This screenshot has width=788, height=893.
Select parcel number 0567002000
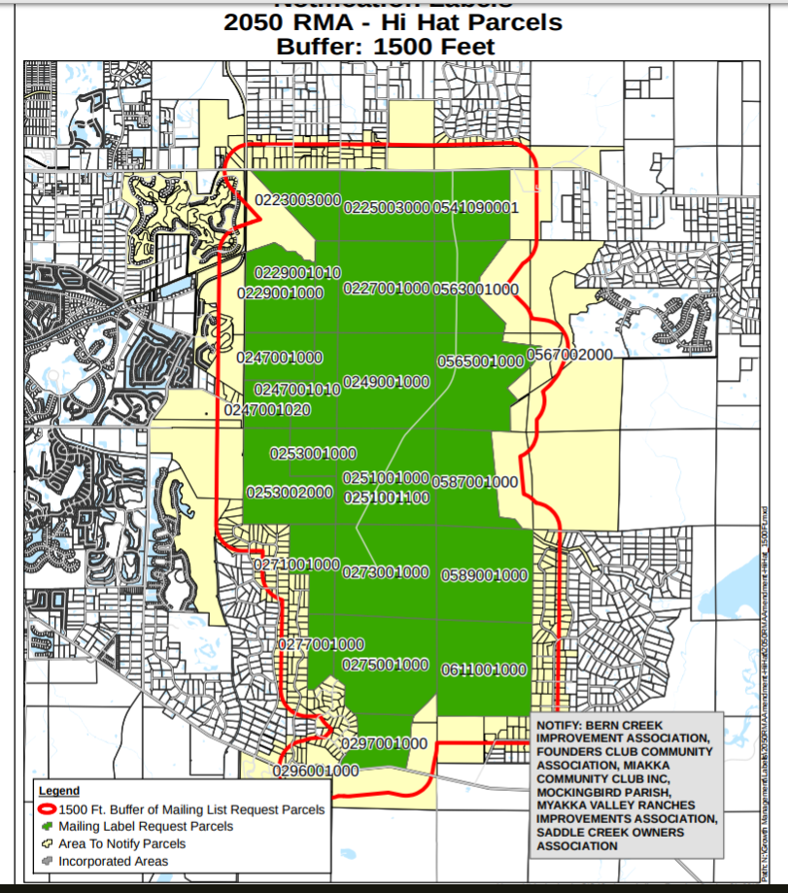click(570, 355)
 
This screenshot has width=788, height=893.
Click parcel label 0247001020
click(267, 410)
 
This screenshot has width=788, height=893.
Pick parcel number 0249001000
click(386, 381)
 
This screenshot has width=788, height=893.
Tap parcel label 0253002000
click(289, 493)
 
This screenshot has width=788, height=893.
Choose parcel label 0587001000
click(474, 482)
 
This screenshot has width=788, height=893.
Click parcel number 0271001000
click(296, 565)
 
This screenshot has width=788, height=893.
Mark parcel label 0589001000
click(484, 575)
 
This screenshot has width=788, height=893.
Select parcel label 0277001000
click(321, 644)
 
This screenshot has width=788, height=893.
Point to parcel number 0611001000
click(484, 670)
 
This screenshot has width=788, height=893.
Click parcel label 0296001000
click(316, 771)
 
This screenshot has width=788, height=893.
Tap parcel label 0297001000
click(385, 743)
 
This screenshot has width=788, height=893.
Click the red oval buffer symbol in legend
click(47, 808)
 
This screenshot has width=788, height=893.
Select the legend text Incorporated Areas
click(113, 861)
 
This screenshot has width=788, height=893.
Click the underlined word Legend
click(59, 791)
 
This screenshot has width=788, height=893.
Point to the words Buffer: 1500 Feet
click(386, 46)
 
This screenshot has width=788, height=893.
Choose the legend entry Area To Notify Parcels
click(121, 843)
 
